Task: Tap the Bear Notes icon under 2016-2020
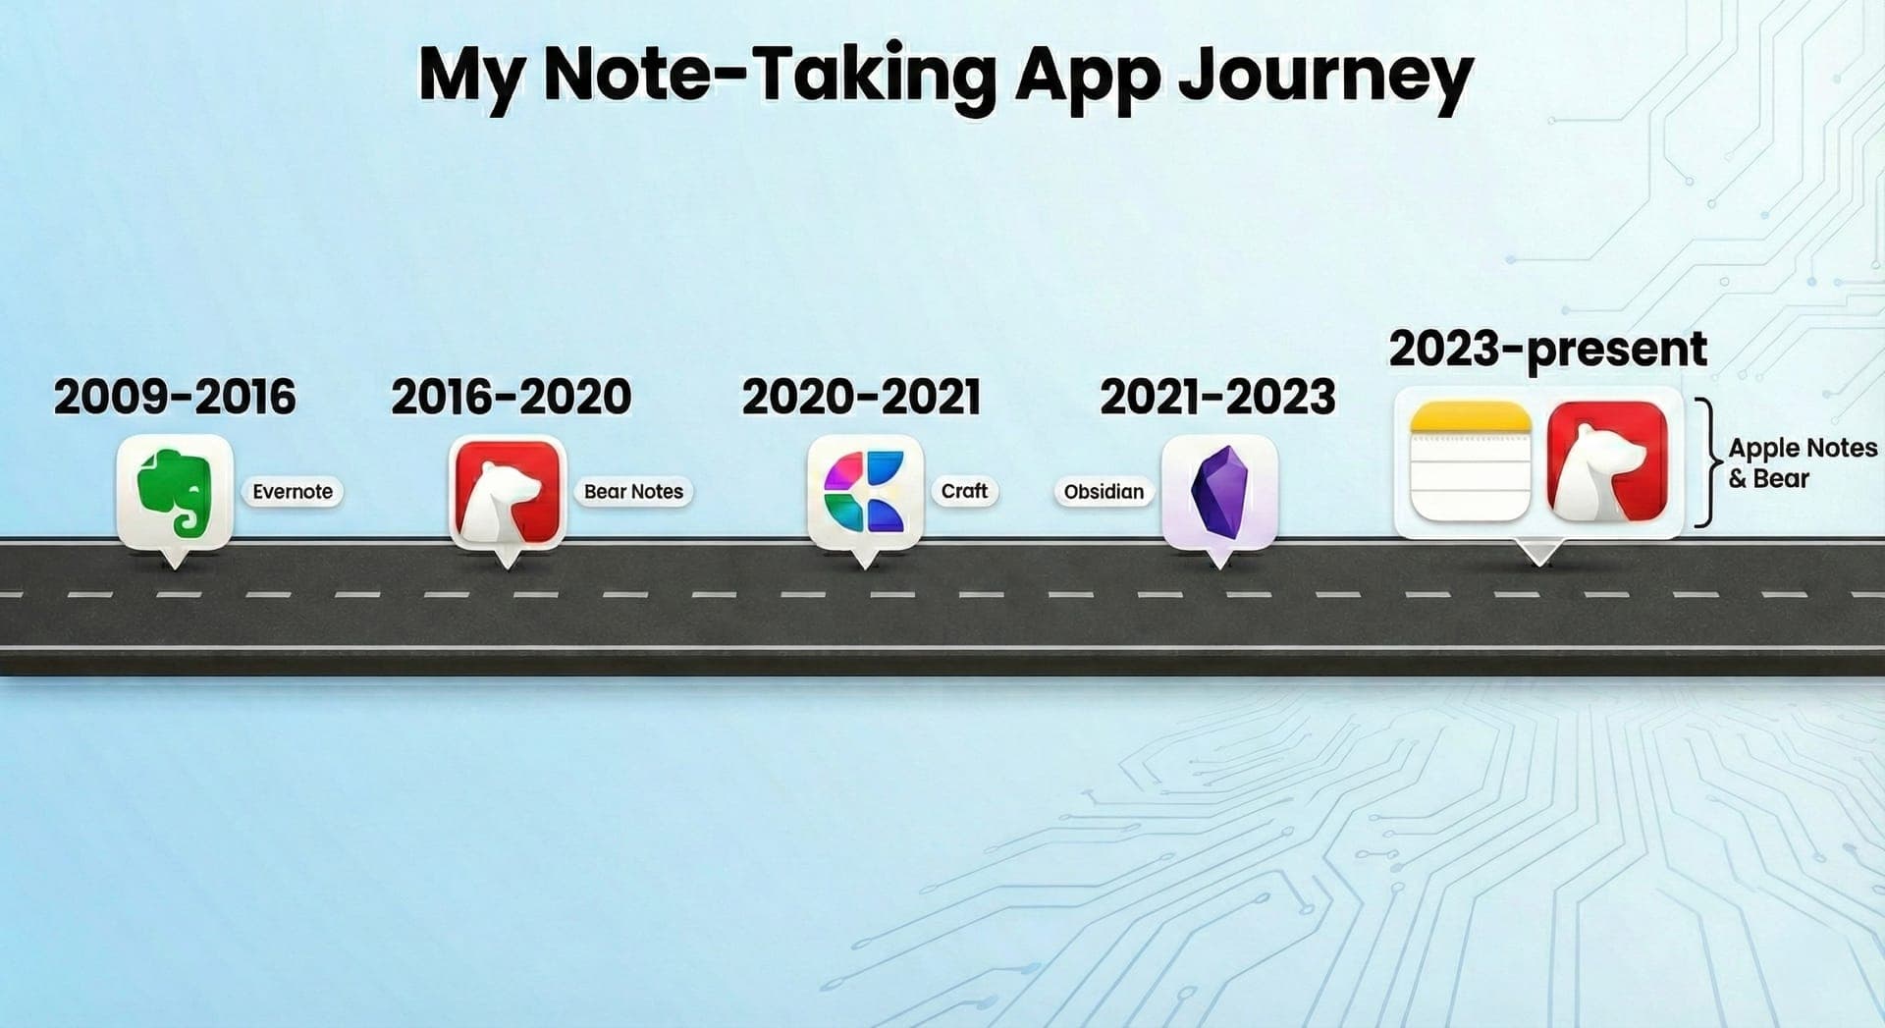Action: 507,492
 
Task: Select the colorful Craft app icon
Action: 864,492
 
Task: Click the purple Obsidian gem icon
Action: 1219,492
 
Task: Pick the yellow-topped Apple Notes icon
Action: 1470,461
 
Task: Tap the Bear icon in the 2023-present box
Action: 1607,461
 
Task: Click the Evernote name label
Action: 293,492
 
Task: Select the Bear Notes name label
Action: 633,492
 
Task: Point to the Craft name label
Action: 964,491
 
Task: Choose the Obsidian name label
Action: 1104,492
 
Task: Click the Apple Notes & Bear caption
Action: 1803,463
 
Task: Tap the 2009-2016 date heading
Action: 175,397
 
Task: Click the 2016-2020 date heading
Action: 511,397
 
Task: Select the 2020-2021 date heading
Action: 861,397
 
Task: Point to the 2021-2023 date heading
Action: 1217,397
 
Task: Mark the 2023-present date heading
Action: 1548,350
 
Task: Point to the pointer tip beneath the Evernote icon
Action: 175,568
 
